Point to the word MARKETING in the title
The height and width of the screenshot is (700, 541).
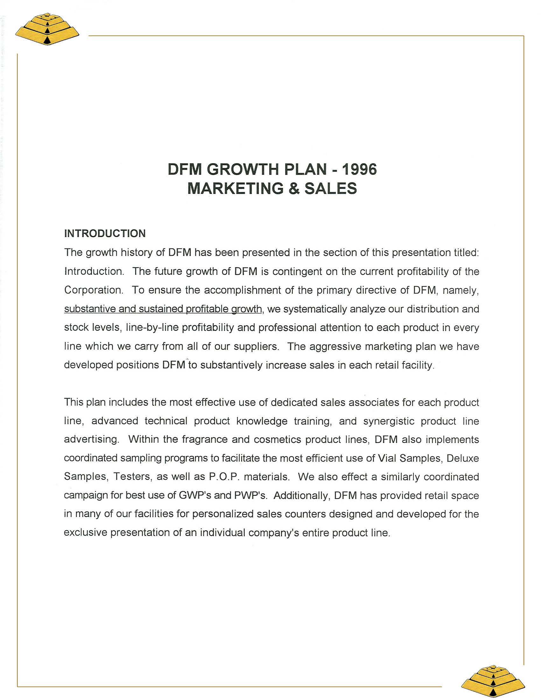tap(235, 188)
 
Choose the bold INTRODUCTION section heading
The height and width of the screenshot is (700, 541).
tap(105, 233)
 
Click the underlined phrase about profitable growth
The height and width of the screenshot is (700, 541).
tap(163, 309)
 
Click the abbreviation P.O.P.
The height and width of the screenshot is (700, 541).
tap(223, 477)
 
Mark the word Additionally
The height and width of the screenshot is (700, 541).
tap(302, 495)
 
